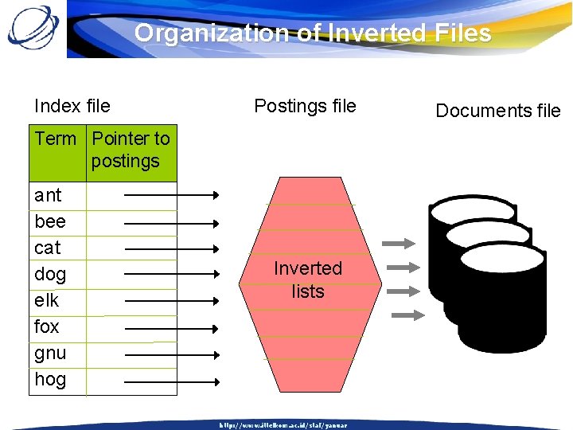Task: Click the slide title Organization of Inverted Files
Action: point(313,33)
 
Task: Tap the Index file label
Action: point(72,106)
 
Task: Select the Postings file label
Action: point(305,106)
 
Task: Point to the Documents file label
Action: point(498,111)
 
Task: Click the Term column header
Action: point(56,139)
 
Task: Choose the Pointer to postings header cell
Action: point(131,150)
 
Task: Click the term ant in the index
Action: point(48,195)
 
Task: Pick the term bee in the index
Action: point(49,221)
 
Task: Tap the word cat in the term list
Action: point(48,248)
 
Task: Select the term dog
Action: point(50,275)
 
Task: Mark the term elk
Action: point(47,300)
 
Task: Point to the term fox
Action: point(47,326)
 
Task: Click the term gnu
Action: point(50,353)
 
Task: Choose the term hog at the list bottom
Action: point(50,379)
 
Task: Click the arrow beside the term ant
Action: point(171,194)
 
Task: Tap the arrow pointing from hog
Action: point(171,382)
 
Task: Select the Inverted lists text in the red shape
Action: point(308,279)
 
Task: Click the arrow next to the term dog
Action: point(171,274)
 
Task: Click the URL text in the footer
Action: point(283,425)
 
